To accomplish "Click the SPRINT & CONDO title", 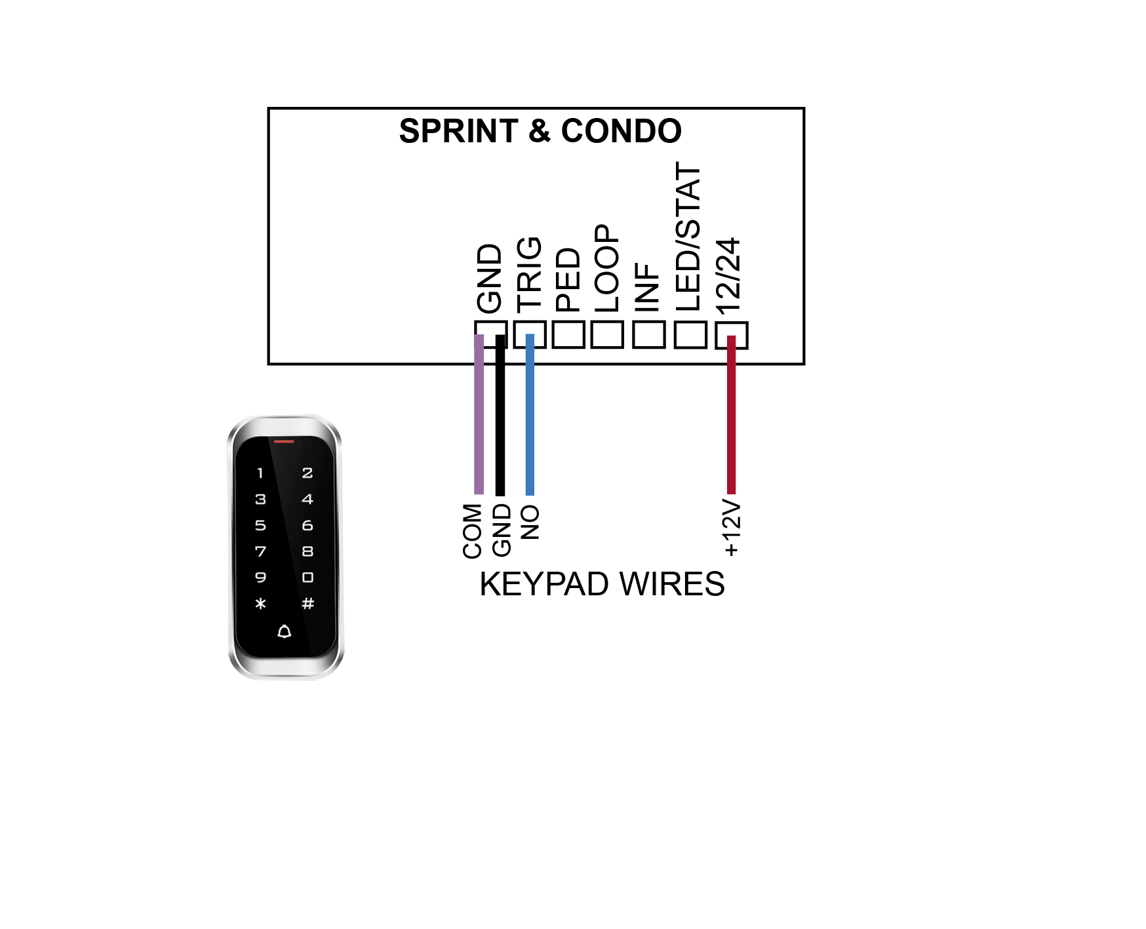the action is pos(540,131).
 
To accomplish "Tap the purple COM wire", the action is pos(479,414).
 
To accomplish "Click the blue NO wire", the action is pos(530,414).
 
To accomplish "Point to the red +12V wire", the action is pos(732,414).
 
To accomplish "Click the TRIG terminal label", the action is pos(529,275).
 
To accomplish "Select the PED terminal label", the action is pos(568,280).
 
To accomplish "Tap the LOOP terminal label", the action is pos(606,269).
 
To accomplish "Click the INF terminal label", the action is pos(647,287).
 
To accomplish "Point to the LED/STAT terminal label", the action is pos(688,237).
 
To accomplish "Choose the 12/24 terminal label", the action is pos(728,275).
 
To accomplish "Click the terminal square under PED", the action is pos(568,334).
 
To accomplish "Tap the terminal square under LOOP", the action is pos(607,334).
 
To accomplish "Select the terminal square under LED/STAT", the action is pos(690,334).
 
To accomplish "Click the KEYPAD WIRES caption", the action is pos(602,584).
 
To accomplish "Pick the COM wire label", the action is pos(472,531).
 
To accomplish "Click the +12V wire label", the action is pos(731,528).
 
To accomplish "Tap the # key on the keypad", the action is pos(307,603).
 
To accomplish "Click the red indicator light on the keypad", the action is pos(284,442).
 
